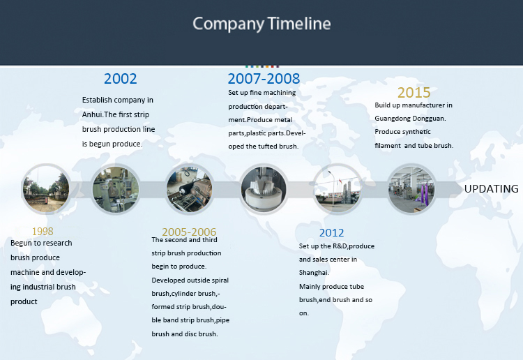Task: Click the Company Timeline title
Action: click(261, 24)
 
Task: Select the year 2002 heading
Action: click(120, 79)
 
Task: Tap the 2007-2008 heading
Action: click(264, 79)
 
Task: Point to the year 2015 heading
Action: click(414, 92)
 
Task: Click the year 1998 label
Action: click(43, 231)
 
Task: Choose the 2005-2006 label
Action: click(189, 232)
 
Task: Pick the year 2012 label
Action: click(331, 232)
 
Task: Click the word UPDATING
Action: click(492, 189)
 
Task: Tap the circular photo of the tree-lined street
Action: click(46, 189)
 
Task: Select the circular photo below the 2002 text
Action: click(116, 189)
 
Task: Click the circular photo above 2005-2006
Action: click(190, 189)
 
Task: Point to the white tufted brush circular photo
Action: click(264, 189)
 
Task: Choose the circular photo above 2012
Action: click(338, 189)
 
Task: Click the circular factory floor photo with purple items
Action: click(411, 189)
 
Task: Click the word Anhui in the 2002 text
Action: click(92, 114)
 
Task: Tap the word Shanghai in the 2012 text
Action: click(314, 273)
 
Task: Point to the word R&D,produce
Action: click(354, 246)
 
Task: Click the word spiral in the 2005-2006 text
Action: click(220, 280)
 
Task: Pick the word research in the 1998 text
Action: click(57, 243)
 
